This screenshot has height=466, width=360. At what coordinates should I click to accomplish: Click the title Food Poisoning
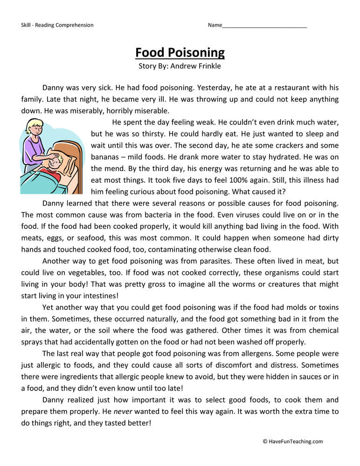[x=180, y=52]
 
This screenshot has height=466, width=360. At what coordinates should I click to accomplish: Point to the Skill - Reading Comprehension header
[x=57, y=25]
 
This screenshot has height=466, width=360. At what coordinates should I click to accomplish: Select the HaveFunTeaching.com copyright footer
[x=293, y=441]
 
